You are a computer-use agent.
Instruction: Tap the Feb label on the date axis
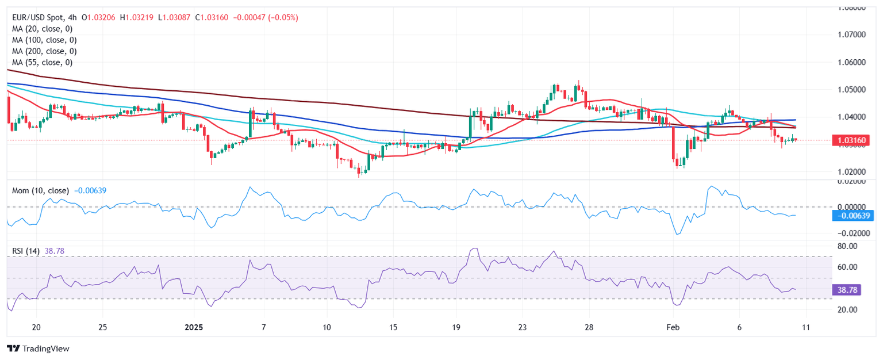coord(673,327)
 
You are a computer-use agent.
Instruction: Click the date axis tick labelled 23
coord(522,327)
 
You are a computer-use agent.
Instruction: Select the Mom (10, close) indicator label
coord(40,190)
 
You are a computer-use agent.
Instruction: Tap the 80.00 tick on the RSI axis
coord(847,246)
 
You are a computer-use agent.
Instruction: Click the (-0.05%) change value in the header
coord(281,18)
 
